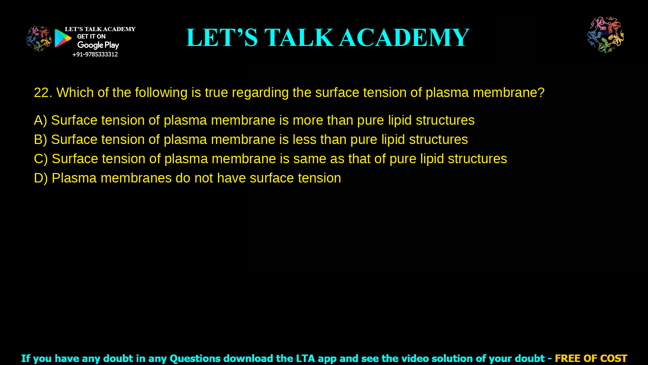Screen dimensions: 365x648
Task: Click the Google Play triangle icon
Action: click(63, 38)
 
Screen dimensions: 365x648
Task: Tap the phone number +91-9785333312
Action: click(95, 54)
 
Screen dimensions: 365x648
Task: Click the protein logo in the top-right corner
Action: click(605, 35)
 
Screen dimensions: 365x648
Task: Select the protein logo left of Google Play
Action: click(38, 39)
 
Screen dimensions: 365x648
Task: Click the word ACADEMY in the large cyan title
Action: click(404, 38)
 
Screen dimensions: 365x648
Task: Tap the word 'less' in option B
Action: click(304, 140)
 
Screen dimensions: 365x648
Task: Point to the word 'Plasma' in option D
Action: click(74, 178)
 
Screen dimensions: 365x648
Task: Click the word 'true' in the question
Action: click(216, 93)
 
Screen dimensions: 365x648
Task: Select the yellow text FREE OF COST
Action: click(591, 358)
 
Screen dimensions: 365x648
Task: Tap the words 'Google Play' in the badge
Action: click(98, 45)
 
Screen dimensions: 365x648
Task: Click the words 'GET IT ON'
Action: click(91, 36)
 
